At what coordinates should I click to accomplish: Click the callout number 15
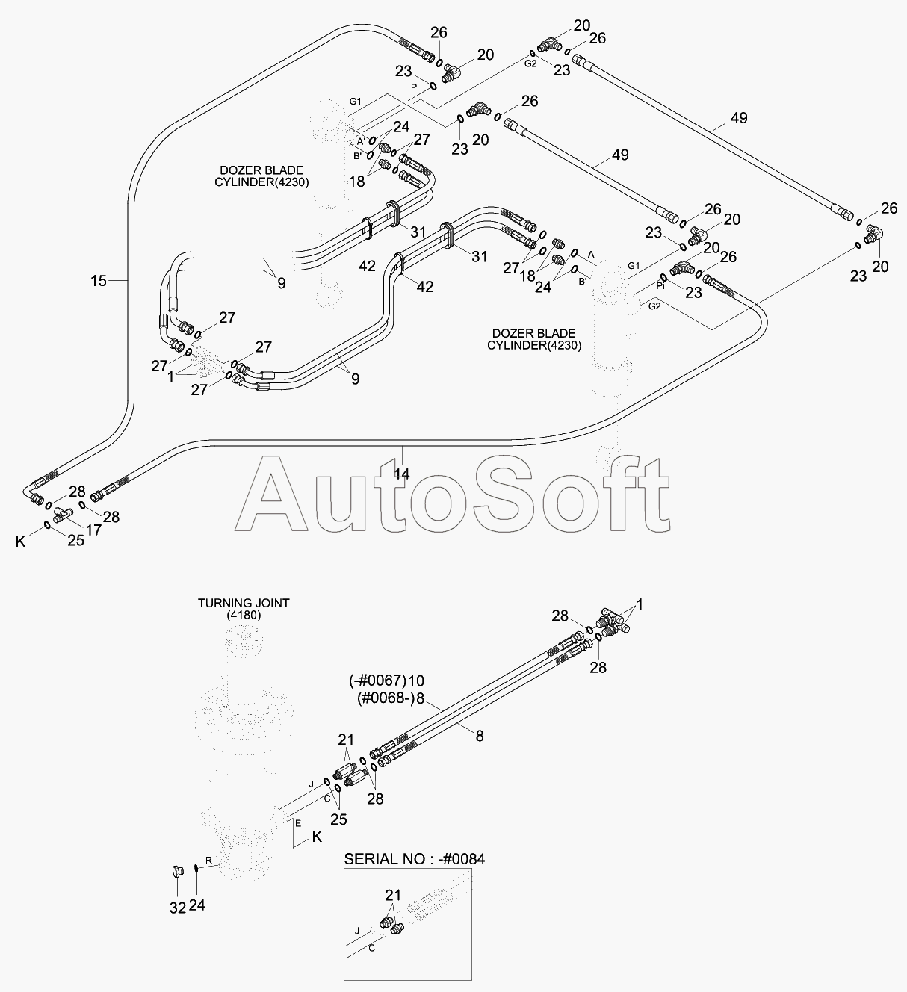tap(99, 281)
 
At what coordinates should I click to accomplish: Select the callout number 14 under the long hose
tap(402, 474)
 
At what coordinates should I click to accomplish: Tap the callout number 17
tap(93, 530)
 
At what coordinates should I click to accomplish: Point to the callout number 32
tap(178, 908)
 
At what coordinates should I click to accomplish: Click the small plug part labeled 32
tap(178, 884)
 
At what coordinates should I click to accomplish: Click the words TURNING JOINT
tap(244, 604)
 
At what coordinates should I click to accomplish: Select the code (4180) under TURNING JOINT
tap(244, 616)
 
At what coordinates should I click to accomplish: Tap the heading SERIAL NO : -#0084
tap(414, 859)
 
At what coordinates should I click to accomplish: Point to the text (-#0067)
tap(377, 681)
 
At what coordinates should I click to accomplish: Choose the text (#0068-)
tap(385, 698)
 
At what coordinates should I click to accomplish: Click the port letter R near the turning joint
tap(208, 861)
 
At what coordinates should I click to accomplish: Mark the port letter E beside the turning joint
tap(298, 823)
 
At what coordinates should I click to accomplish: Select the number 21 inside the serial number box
tap(393, 895)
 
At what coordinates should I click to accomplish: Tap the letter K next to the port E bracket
tap(318, 837)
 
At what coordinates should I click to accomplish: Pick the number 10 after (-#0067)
tap(417, 681)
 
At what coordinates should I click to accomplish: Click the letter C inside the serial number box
tap(372, 948)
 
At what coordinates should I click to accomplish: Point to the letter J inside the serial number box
tap(357, 931)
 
